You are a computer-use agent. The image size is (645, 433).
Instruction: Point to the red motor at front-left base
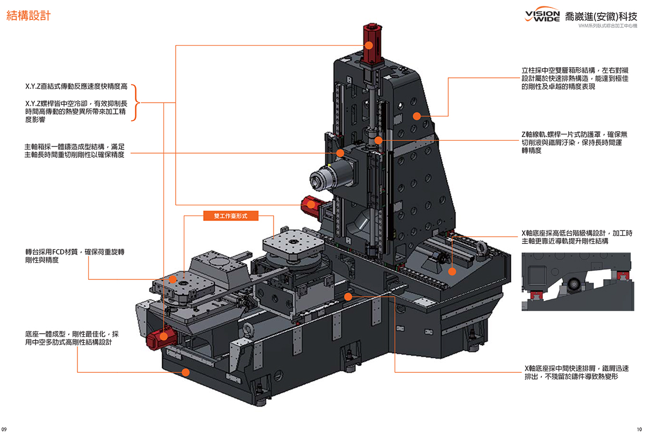click(157, 340)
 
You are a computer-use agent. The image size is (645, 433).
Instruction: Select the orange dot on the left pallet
click(173, 279)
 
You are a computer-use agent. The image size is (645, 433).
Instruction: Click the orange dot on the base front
click(186, 371)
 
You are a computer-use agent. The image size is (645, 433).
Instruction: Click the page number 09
click(4, 429)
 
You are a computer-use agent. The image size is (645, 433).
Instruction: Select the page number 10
click(639, 429)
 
